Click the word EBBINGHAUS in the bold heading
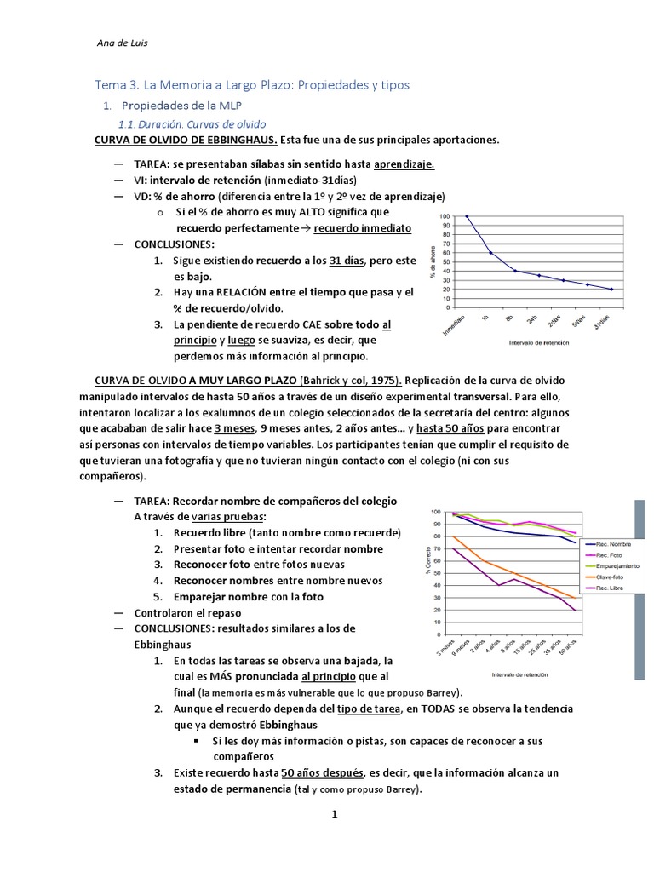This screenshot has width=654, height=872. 244,140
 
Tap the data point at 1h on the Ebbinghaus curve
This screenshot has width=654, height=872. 490,253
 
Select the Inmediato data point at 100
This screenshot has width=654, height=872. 467,216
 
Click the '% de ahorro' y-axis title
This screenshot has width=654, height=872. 433,263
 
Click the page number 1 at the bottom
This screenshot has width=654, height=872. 335,814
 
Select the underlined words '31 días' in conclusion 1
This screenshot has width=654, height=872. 347,261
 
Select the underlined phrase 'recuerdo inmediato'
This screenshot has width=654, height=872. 363,228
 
